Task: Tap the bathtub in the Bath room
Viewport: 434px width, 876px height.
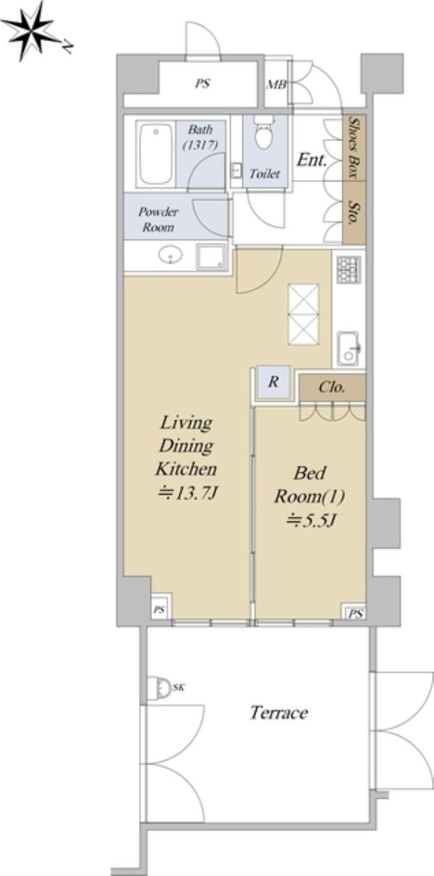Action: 156,154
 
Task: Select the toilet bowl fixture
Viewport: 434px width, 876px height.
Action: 264,132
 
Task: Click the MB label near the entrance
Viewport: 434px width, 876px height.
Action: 276,85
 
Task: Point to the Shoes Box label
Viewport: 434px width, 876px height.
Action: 354,148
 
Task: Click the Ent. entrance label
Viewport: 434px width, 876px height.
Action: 312,160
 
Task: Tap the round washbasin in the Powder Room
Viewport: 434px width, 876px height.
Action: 171,255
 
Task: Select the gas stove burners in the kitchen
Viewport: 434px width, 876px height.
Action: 349,269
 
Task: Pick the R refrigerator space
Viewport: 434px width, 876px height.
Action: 273,382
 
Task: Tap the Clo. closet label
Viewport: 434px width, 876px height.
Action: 332,387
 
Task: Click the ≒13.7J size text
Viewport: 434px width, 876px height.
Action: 187,493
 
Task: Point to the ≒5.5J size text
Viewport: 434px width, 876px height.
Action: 312,520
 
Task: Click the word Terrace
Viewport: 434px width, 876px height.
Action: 278,713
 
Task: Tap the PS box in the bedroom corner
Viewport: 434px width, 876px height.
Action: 355,613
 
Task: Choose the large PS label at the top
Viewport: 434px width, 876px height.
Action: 203,83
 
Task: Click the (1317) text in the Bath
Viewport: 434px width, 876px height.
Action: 200,145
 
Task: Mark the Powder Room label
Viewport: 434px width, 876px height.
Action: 158,219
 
